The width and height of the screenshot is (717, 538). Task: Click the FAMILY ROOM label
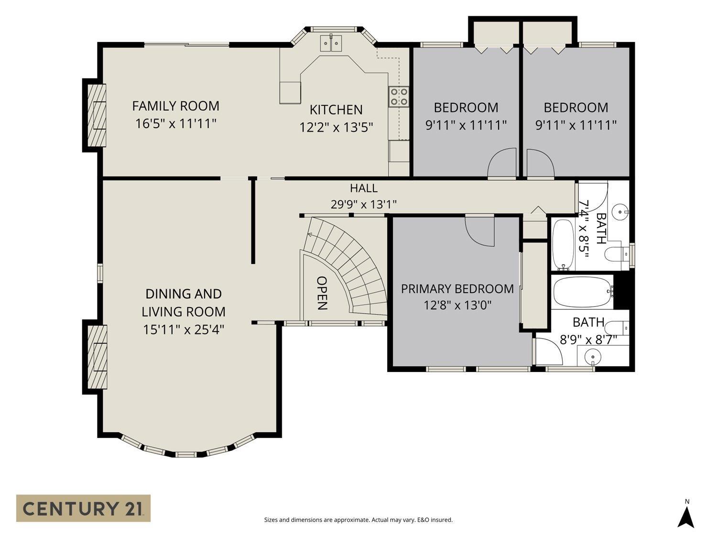click(x=175, y=106)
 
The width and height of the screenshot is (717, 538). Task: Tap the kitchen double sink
click(x=331, y=43)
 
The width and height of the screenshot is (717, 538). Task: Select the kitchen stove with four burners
click(x=399, y=97)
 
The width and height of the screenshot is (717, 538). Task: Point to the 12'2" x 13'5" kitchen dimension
click(x=336, y=127)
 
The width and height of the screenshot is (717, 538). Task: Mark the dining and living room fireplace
click(x=96, y=357)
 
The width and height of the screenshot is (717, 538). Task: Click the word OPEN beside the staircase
click(x=322, y=293)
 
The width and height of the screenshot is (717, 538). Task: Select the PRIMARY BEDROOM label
click(x=457, y=289)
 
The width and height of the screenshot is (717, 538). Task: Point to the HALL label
click(x=364, y=188)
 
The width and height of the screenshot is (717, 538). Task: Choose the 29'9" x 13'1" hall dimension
click(x=364, y=205)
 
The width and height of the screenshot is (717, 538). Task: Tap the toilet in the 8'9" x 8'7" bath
click(x=617, y=327)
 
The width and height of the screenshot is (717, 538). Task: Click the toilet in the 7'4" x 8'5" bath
click(x=617, y=254)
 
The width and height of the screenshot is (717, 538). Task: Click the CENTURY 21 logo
click(x=83, y=508)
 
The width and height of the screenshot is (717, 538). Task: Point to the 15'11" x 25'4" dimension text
click(x=184, y=329)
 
